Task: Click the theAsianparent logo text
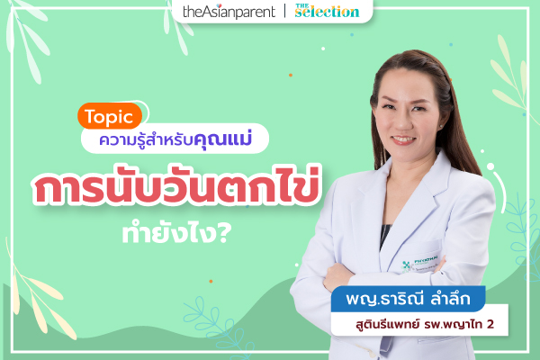click(x=229, y=12)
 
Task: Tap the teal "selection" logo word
click(x=328, y=13)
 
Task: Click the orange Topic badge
click(x=110, y=116)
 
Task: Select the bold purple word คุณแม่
click(x=223, y=139)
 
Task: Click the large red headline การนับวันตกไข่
click(x=176, y=186)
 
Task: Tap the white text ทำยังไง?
click(x=176, y=234)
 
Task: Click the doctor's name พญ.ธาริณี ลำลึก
click(x=408, y=298)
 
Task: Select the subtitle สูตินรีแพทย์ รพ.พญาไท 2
click(x=425, y=324)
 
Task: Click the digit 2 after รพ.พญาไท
click(x=490, y=324)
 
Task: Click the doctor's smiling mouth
click(x=403, y=139)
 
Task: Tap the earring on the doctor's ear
click(x=441, y=126)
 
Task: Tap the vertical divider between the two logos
click(x=285, y=11)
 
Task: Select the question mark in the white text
click(x=224, y=234)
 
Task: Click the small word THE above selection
click(x=302, y=5)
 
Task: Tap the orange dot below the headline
click(x=211, y=282)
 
